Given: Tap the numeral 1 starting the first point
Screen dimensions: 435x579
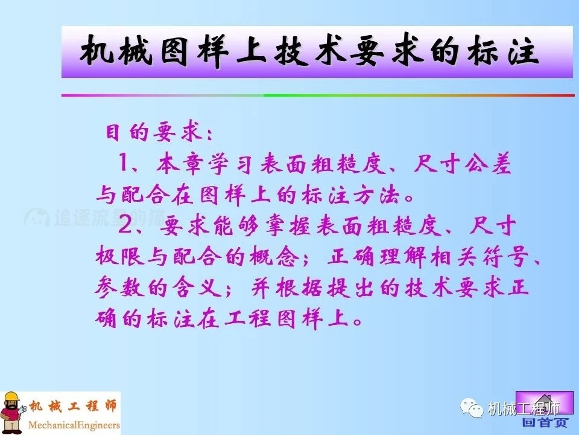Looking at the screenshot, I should (x=125, y=163).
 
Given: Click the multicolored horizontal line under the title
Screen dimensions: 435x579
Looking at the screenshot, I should (x=318, y=95).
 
